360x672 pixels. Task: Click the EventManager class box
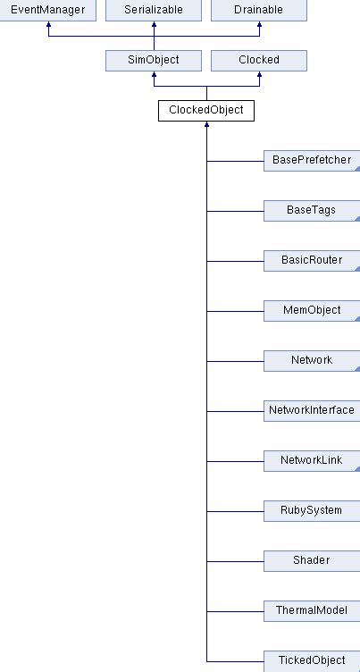47,10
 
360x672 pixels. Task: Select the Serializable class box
154,10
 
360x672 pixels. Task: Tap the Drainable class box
259,10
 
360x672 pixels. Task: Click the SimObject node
154,60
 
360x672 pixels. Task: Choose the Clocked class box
259,60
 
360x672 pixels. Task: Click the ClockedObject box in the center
206,110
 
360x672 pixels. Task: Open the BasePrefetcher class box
312,160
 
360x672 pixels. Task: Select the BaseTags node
312,210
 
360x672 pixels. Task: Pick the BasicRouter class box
312,260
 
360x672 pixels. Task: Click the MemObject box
312,310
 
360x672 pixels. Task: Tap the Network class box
312,360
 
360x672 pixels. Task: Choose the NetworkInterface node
312,410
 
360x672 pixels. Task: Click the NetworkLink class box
312,460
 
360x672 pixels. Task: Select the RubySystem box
312,510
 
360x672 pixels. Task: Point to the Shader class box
312,560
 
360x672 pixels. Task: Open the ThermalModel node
312,610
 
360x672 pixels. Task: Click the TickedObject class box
312,660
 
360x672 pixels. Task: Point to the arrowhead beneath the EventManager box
47,26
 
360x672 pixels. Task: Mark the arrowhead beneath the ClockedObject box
206,126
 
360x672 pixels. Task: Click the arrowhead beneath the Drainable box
259,26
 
